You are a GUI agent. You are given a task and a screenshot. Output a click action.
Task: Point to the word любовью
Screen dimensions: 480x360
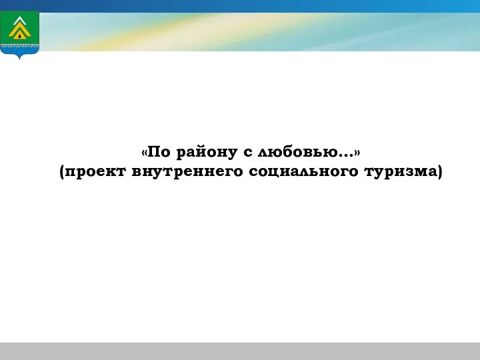(297, 152)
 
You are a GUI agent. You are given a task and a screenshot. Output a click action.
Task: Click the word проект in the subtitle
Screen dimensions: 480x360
(95, 172)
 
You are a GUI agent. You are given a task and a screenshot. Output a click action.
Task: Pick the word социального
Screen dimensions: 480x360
(303, 172)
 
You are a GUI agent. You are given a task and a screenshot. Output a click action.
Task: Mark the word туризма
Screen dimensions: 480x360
(401, 172)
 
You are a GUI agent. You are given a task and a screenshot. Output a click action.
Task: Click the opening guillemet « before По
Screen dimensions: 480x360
(145, 153)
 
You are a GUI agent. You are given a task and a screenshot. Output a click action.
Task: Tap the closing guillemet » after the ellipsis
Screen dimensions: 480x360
(357, 153)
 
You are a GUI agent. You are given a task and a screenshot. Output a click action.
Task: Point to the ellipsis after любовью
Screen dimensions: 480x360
(345, 155)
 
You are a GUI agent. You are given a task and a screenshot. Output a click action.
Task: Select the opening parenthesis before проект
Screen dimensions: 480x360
(62, 172)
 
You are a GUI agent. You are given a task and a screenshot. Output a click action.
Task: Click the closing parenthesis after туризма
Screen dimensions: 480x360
(440, 172)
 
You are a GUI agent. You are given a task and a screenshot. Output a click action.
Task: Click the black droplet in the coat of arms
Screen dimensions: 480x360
(20, 35)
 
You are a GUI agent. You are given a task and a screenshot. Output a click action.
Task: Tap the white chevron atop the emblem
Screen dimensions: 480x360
(19, 20)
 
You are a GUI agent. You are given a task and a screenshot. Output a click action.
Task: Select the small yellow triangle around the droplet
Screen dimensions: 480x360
(20, 35)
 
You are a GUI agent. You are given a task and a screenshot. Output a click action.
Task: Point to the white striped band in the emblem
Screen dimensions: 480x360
(19, 46)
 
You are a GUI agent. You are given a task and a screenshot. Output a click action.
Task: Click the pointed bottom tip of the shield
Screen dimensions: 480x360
(19, 59)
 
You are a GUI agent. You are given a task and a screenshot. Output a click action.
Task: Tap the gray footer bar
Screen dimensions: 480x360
(240, 351)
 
